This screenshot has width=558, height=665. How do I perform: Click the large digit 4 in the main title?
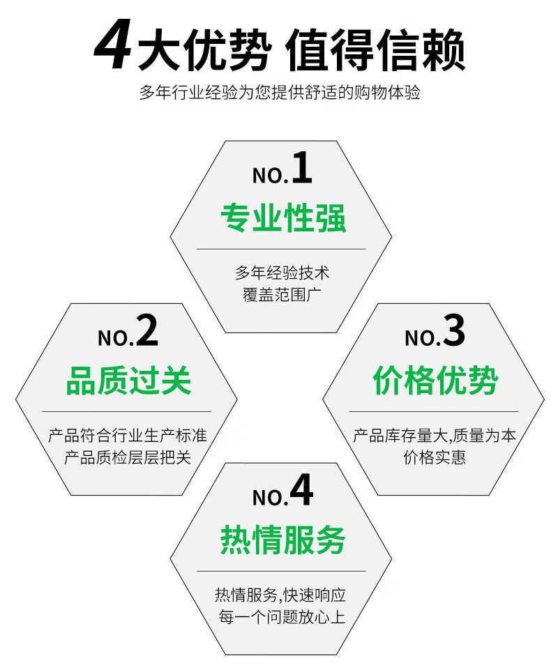pos(114,48)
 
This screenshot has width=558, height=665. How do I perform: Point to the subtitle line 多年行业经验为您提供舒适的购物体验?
pos(280,93)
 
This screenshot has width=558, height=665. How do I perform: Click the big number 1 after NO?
pos(301,169)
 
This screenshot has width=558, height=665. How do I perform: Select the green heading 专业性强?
pos(282,218)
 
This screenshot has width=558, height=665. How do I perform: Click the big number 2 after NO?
pos(146,332)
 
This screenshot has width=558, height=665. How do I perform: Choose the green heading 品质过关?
pos(128,381)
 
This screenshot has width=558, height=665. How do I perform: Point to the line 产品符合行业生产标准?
pos(128,436)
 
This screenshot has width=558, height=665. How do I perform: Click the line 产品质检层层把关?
pos(128,458)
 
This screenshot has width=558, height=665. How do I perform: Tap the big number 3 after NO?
pos(453,332)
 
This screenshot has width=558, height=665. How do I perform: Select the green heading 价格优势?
pos(435,381)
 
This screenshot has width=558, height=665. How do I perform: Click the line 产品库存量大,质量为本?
pos(435,436)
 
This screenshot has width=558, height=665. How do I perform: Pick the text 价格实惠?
pos(435,458)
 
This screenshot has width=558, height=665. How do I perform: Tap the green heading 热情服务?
pos(282,540)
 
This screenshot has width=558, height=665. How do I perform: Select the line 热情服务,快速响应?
pos(281,595)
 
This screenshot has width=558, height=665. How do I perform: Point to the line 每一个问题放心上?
pos(281,618)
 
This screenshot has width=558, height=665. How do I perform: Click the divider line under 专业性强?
pos(281,249)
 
